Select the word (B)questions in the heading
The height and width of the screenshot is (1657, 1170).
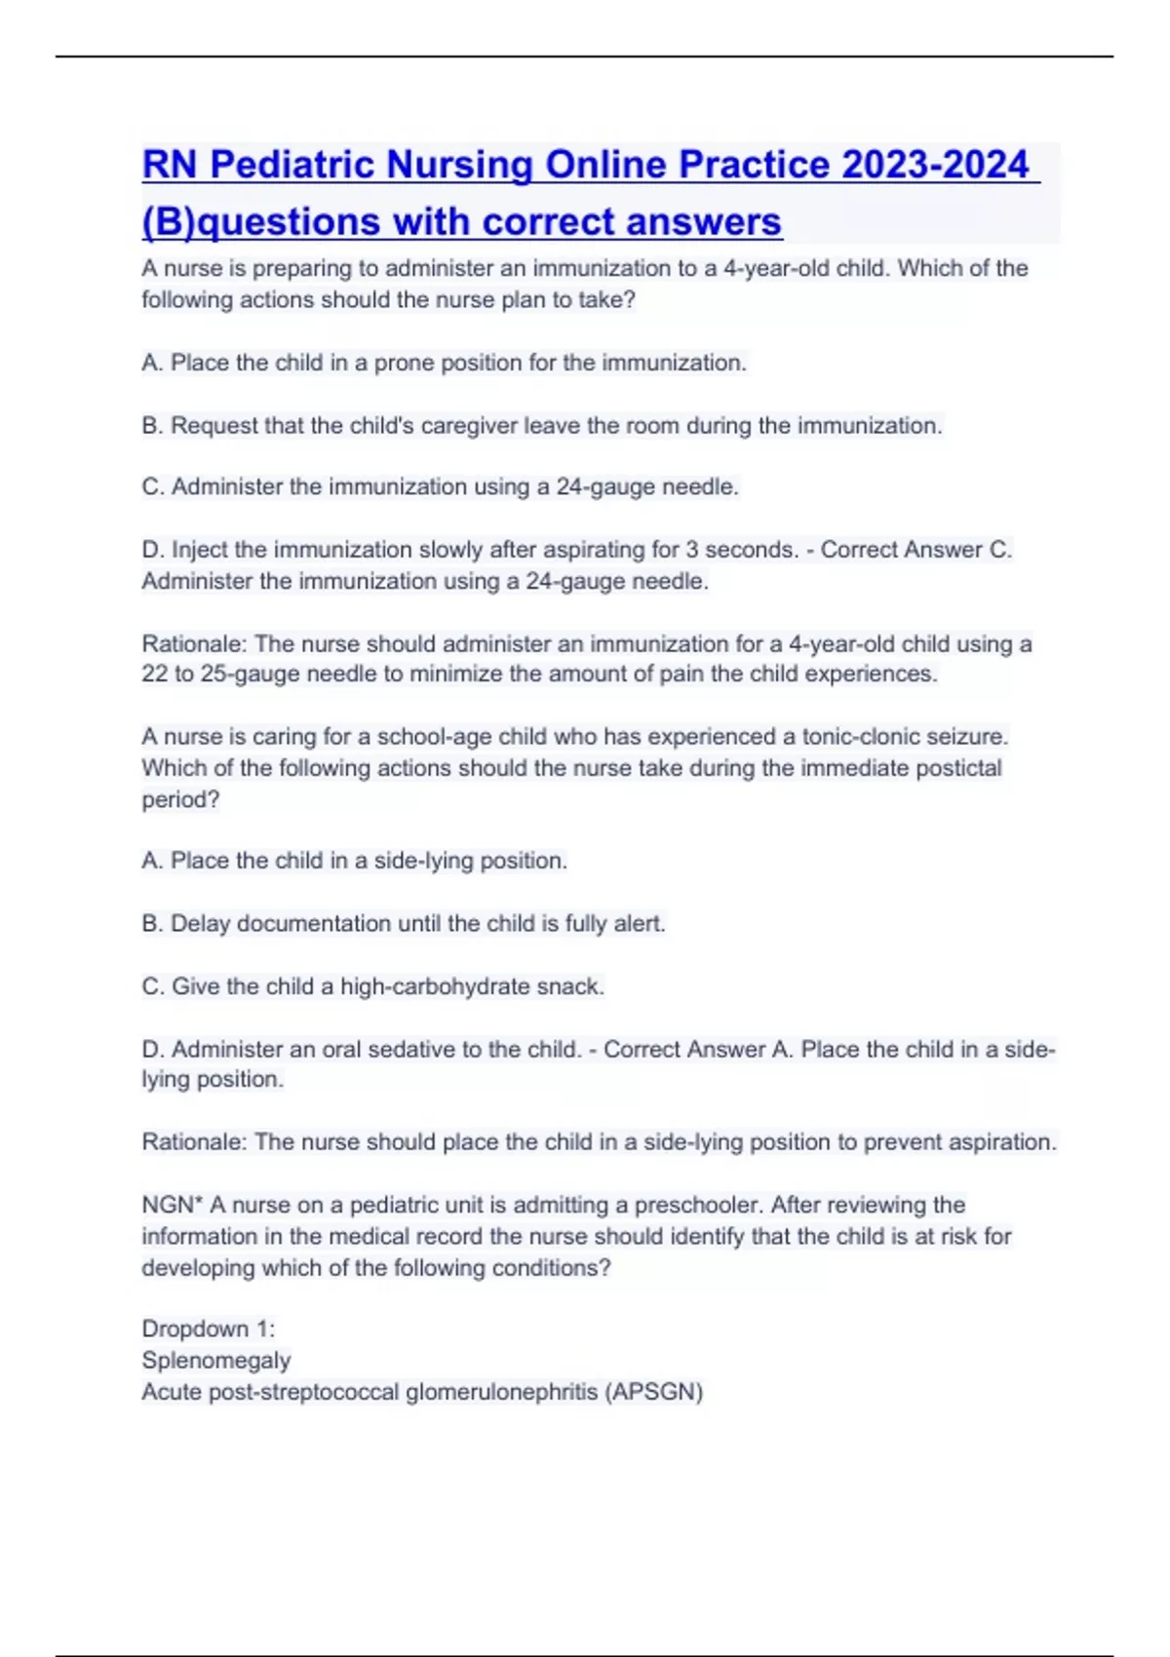pyautogui.click(x=260, y=222)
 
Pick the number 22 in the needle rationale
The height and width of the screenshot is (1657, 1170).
pyautogui.click(x=155, y=674)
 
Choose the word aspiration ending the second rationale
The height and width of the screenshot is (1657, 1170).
pyautogui.click(x=1001, y=1142)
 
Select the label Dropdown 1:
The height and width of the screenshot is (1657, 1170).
pyautogui.click(x=209, y=1329)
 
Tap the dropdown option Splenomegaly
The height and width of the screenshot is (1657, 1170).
pyautogui.click(x=216, y=1361)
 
